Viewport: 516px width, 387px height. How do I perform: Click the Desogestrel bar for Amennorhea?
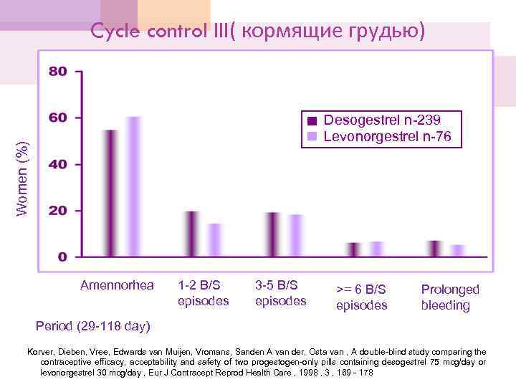point(110,193)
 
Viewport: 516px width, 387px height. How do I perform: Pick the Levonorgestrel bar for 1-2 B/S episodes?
point(215,240)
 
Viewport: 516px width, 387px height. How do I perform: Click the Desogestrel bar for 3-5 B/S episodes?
point(272,234)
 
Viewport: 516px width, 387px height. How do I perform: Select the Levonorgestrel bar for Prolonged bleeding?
point(458,250)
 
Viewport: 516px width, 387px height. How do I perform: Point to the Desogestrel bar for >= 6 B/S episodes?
point(353,249)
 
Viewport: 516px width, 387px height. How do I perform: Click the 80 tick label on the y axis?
point(57,71)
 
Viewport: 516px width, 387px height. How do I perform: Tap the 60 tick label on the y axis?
point(57,118)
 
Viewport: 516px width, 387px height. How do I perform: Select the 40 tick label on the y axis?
point(57,164)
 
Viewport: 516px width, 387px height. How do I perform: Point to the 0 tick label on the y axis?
point(62,257)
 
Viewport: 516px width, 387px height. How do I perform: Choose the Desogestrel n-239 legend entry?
point(382,120)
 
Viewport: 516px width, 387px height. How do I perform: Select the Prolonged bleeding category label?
point(450,297)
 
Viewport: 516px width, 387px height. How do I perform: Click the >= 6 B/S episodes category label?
point(362,297)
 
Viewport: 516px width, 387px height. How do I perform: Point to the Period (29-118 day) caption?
point(93,327)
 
